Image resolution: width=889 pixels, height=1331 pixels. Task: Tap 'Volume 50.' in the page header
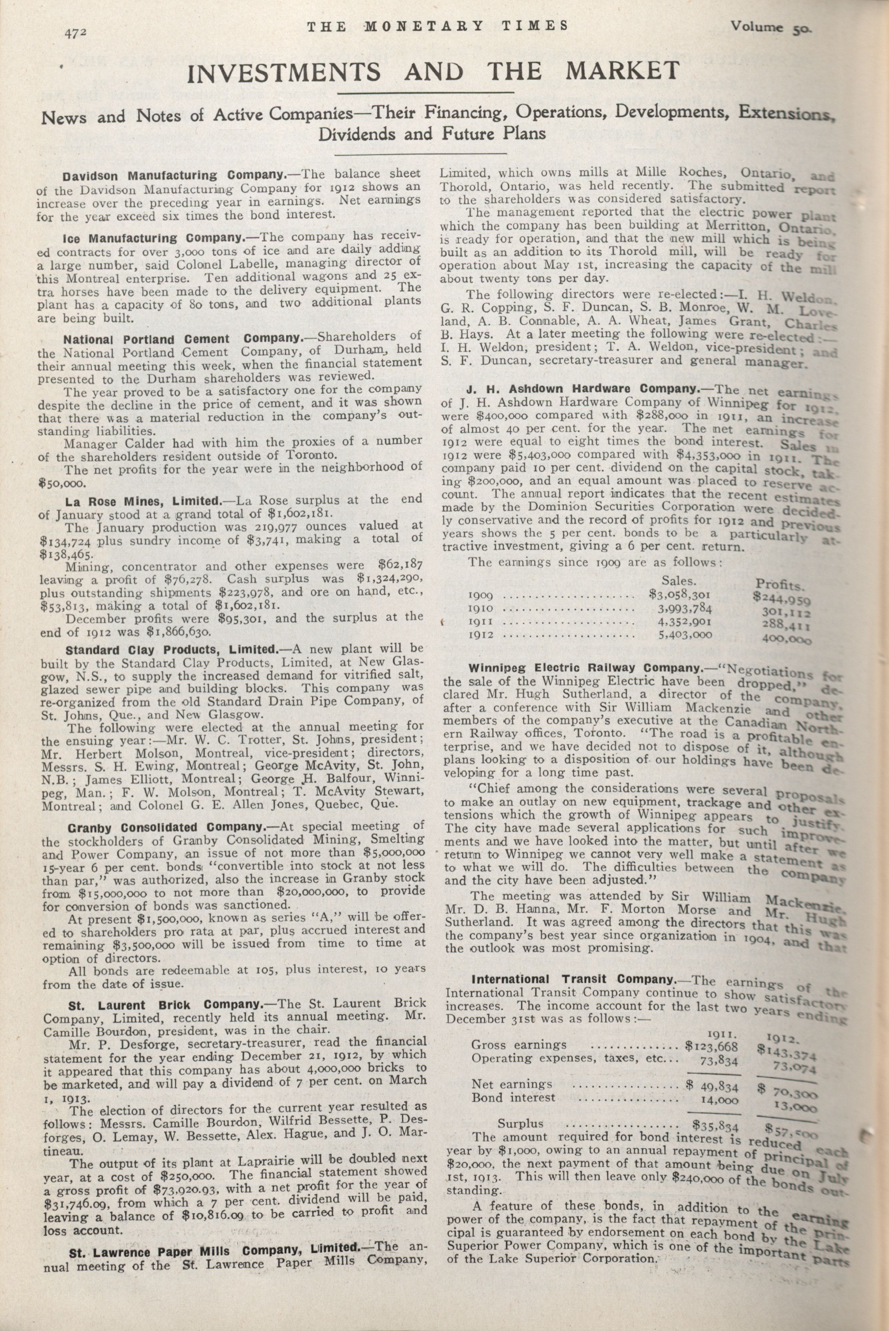tap(771, 28)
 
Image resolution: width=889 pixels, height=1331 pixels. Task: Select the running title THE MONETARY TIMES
tap(437, 26)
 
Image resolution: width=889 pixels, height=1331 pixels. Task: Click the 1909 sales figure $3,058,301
tap(680, 596)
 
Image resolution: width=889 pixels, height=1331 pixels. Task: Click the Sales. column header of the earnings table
tap(679, 581)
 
